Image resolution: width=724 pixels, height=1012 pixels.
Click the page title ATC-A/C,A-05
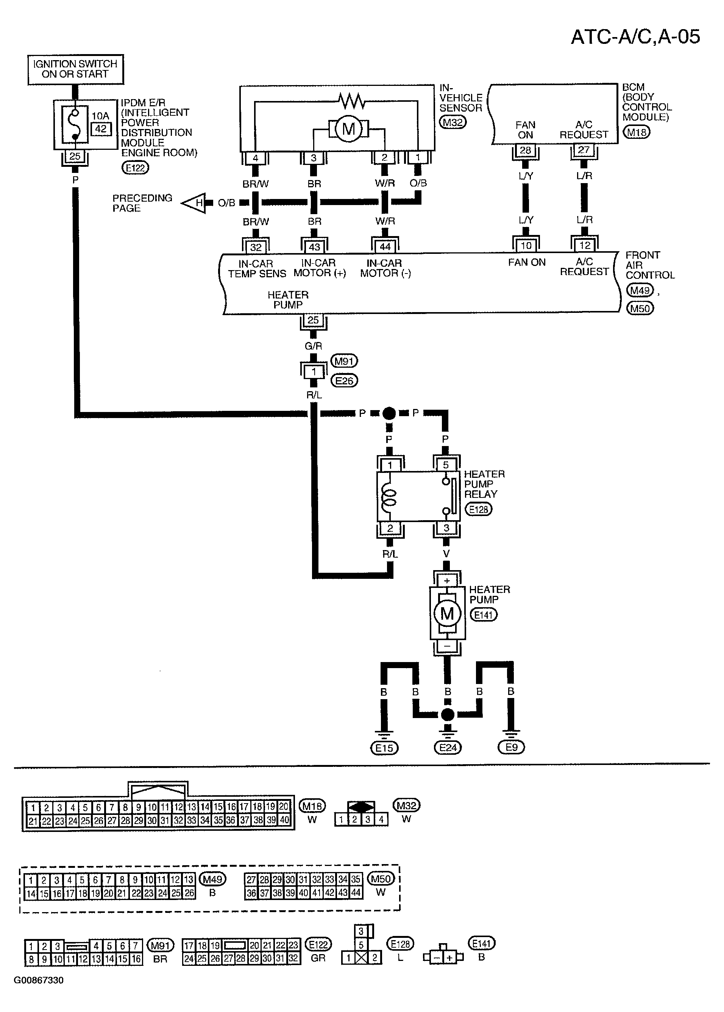click(635, 37)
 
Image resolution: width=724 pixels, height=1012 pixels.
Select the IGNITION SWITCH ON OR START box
click(75, 70)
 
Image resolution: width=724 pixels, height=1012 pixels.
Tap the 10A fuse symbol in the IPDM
click(75, 124)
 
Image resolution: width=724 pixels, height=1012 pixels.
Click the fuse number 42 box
click(101, 129)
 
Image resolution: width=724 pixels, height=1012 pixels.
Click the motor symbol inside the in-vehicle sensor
click(348, 129)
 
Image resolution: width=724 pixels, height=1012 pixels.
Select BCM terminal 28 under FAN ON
click(526, 151)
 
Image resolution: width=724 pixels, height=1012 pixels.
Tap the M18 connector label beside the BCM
click(637, 132)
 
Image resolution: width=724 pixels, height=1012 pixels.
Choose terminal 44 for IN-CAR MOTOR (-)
click(385, 247)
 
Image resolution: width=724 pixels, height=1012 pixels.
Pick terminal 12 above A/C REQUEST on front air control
click(584, 246)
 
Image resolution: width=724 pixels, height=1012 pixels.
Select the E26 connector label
click(345, 381)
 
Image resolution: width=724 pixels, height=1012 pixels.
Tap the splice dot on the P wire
click(389, 414)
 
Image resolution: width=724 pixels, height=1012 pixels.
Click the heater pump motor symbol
click(447, 614)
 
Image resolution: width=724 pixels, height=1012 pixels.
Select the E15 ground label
click(384, 748)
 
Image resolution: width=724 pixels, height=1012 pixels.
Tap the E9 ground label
click(511, 747)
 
